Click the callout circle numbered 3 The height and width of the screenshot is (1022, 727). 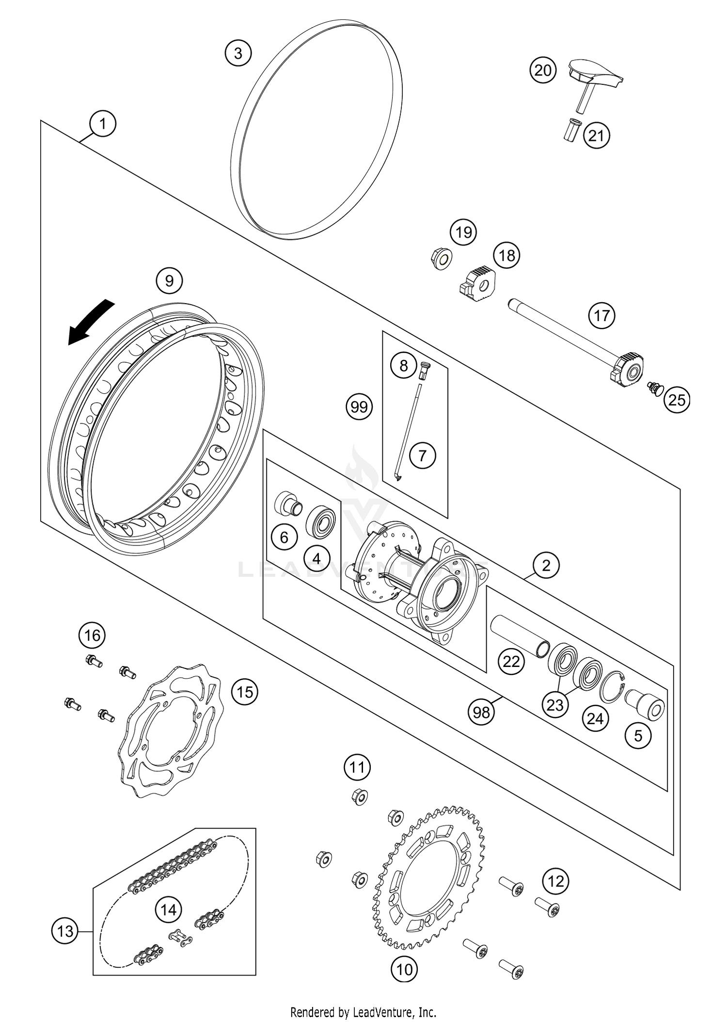coord(238,53)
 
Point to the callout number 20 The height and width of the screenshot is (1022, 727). coord(542,70)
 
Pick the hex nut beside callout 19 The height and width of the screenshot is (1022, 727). coord(440,259)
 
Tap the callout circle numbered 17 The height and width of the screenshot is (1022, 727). coord(601,316)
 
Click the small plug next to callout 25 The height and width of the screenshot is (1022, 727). coord(655,388)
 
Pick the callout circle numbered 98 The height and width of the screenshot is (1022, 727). coord(481,712)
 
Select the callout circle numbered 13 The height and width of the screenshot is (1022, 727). coord(65,931)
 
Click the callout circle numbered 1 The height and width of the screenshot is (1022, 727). coord(102,124)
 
